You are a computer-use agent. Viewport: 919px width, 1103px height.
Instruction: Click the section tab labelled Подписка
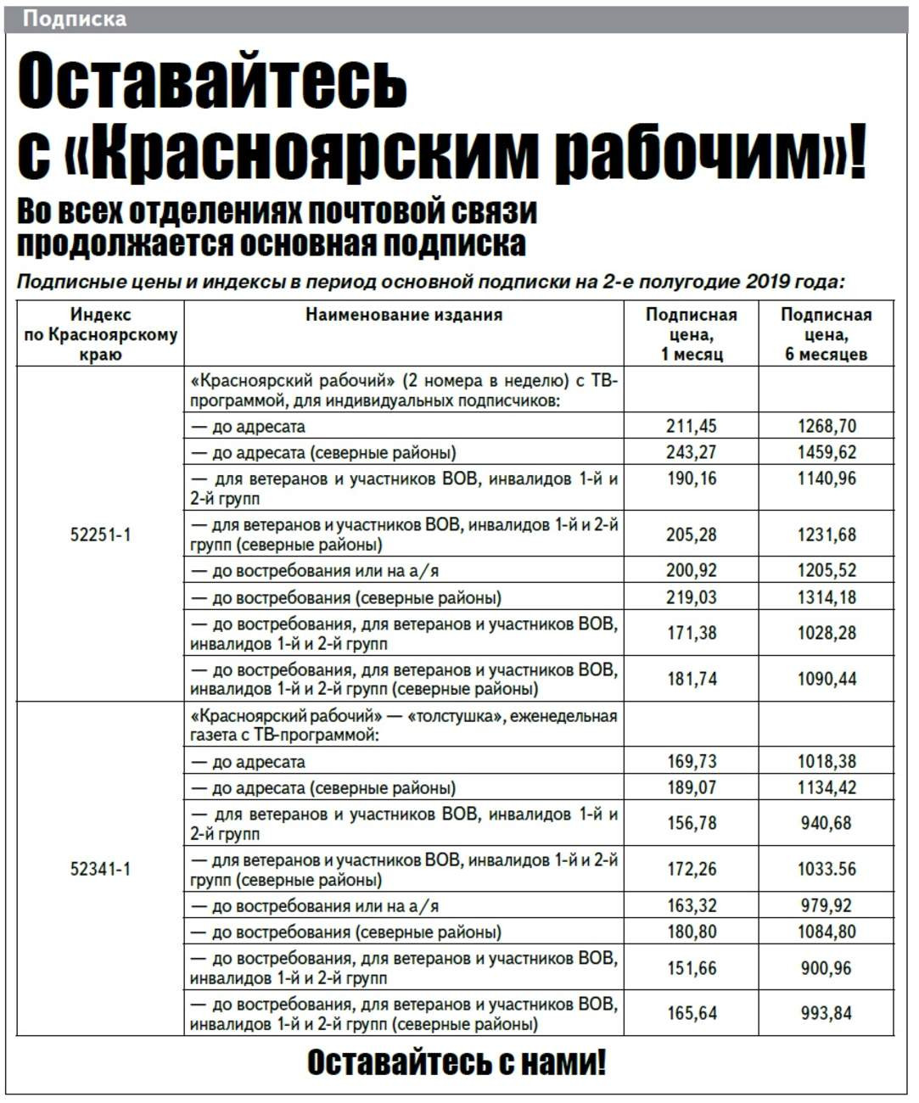(x=75, y=19)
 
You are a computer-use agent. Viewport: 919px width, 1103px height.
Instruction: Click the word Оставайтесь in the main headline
(x=212, y=81)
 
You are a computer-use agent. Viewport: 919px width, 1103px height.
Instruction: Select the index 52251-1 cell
(x=100, y=535)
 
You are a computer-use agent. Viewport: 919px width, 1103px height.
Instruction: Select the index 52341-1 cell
(x=100, y=869)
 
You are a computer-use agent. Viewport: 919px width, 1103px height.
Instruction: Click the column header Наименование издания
(x=404, y=315)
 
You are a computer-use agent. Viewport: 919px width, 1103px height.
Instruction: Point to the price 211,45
(x=692, y=426)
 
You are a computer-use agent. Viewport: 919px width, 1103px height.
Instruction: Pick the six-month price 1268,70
(x=826, y=426)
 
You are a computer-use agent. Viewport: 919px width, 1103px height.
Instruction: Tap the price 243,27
(x=692, y=452)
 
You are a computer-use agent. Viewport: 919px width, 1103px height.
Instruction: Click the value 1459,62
(x=826, y=452)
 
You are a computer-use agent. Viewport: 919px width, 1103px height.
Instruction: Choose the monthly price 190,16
(x=692, y=479)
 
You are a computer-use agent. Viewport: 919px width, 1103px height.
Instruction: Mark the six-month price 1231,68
(x=826, y=535)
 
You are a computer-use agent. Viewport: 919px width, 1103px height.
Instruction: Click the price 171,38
(x=692, y=633)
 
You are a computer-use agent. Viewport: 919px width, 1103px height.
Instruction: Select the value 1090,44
(x=826, y=679)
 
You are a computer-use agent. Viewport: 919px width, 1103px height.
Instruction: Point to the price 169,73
(x=692, y=761)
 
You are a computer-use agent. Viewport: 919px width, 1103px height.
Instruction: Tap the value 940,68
(x=826, y=823)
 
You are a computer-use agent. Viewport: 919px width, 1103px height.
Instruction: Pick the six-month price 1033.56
(x=826, y=869)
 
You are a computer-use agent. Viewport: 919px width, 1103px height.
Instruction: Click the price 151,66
(x=692, y=968)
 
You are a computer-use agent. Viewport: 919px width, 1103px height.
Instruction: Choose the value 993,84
(x=826, y=1013)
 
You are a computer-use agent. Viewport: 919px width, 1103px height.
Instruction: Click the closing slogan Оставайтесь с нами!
(x=457, y=1062)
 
